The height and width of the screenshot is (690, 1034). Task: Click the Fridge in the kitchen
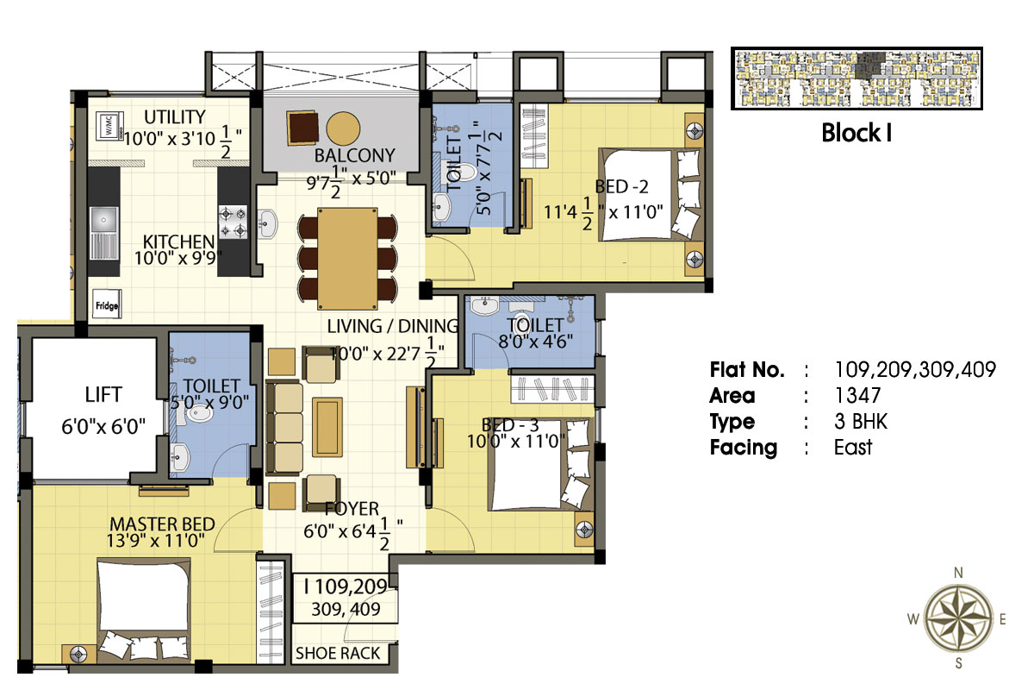pyautogui.click(x=107, y=304)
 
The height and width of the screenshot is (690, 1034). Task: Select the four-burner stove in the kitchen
pyautogui.click(x=233, y=223)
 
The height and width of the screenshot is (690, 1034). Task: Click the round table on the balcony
pyautogui.click(x=343, y=129)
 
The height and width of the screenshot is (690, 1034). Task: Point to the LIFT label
pyautogui.click(x=103, y=395)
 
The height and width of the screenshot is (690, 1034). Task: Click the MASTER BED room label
pyautogui.click(x=162, y=524)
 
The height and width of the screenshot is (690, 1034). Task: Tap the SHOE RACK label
pyautogui.click(x=338, y=654)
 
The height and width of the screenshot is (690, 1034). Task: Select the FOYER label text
pyautogui.click(x=352, y=509)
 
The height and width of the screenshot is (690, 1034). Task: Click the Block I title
pyautogui.click(x=856, y=133)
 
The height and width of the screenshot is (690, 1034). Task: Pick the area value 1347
pyautogui.click(x=857, y=396)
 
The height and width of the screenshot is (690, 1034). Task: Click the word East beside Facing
pyautogui.click(x=853, y=448)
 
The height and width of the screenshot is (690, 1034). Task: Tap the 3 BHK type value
pyautogui.click(x=861, y=422)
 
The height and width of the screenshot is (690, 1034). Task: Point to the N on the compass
pyautogui.click(x=958, y=573)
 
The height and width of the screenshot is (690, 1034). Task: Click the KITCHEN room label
pyautogui.click(x=178, y=241)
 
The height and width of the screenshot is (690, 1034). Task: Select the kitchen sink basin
pyautogui.click(x=104, y=221)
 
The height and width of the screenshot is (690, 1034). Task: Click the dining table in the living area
pyautogui.click(x=347, y=259)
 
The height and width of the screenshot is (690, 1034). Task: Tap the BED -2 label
pyautogui.click(x=622, y=186)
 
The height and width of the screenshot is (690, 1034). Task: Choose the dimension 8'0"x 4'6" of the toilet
pyautogui.click(x=535, y=342)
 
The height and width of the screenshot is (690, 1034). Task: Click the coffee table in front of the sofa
pyautogui.click(x=327, y=427)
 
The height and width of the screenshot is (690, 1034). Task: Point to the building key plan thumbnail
pyautogui.click(x=856, y=78)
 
